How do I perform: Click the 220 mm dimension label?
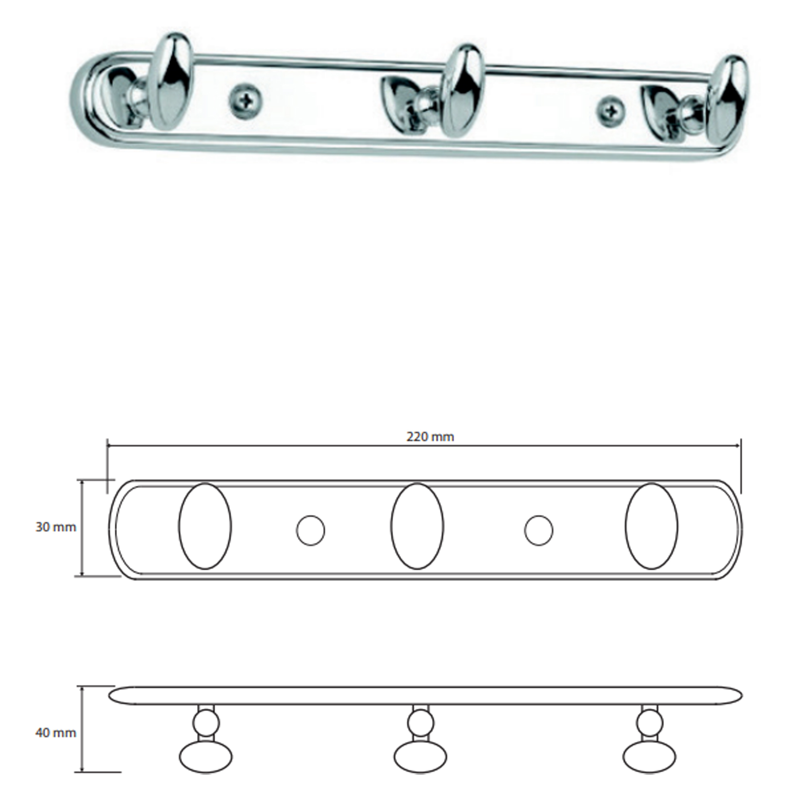[430, 436]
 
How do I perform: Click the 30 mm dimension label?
[56, 527]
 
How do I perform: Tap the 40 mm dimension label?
[56, 733]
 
